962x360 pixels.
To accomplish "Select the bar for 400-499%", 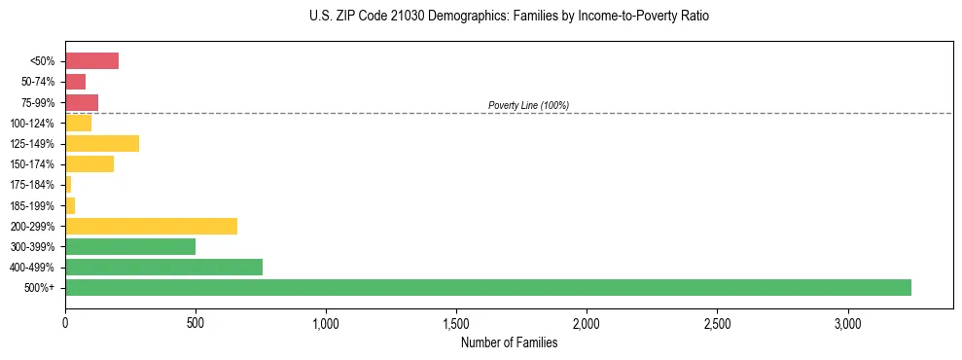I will (x=163, y=267).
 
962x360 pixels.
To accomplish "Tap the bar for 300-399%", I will (x=130, y=246).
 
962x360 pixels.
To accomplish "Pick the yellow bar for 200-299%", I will (x=151, y=226).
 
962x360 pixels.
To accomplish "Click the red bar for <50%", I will (x=91, y=61).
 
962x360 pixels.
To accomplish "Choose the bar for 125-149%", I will (x=102, y=144).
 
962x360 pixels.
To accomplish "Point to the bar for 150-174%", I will (x=89, y=164).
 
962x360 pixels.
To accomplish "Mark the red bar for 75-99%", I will (x=82, y=102).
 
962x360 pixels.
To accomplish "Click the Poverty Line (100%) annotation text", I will (x=528, y=105).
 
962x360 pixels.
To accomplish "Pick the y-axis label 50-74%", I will (x=38, y=82).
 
